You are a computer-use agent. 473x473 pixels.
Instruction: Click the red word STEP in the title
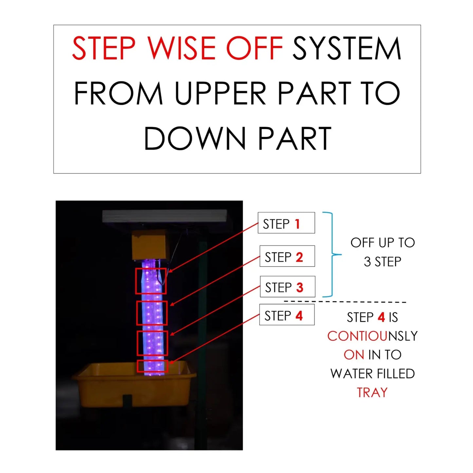[x=103, y=48]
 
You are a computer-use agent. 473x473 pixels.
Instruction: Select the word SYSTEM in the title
[x=347, y=48]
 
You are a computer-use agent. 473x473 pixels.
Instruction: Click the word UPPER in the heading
[x=221, y=93]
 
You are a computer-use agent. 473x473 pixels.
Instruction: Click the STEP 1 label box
[x=286, y=223]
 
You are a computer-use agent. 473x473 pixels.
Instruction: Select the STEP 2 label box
[x=287, y=256]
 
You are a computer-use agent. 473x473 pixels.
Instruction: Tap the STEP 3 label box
[x=287, y=286]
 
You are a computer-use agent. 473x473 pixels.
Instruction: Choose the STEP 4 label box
[x=287, y=315]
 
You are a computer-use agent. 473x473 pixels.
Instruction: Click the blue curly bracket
[x=332, y=255]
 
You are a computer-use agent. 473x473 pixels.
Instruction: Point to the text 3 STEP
[x=382, y=262]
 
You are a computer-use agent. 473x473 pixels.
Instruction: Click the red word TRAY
[x=372, y=392]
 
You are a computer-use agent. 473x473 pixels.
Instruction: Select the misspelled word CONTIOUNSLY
[x=373, y=336]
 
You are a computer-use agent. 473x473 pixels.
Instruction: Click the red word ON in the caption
[x=354, y=355]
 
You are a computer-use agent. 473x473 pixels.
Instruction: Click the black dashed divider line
[x=345, y=302]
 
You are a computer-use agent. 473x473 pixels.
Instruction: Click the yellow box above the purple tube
[x=151, y=245]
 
